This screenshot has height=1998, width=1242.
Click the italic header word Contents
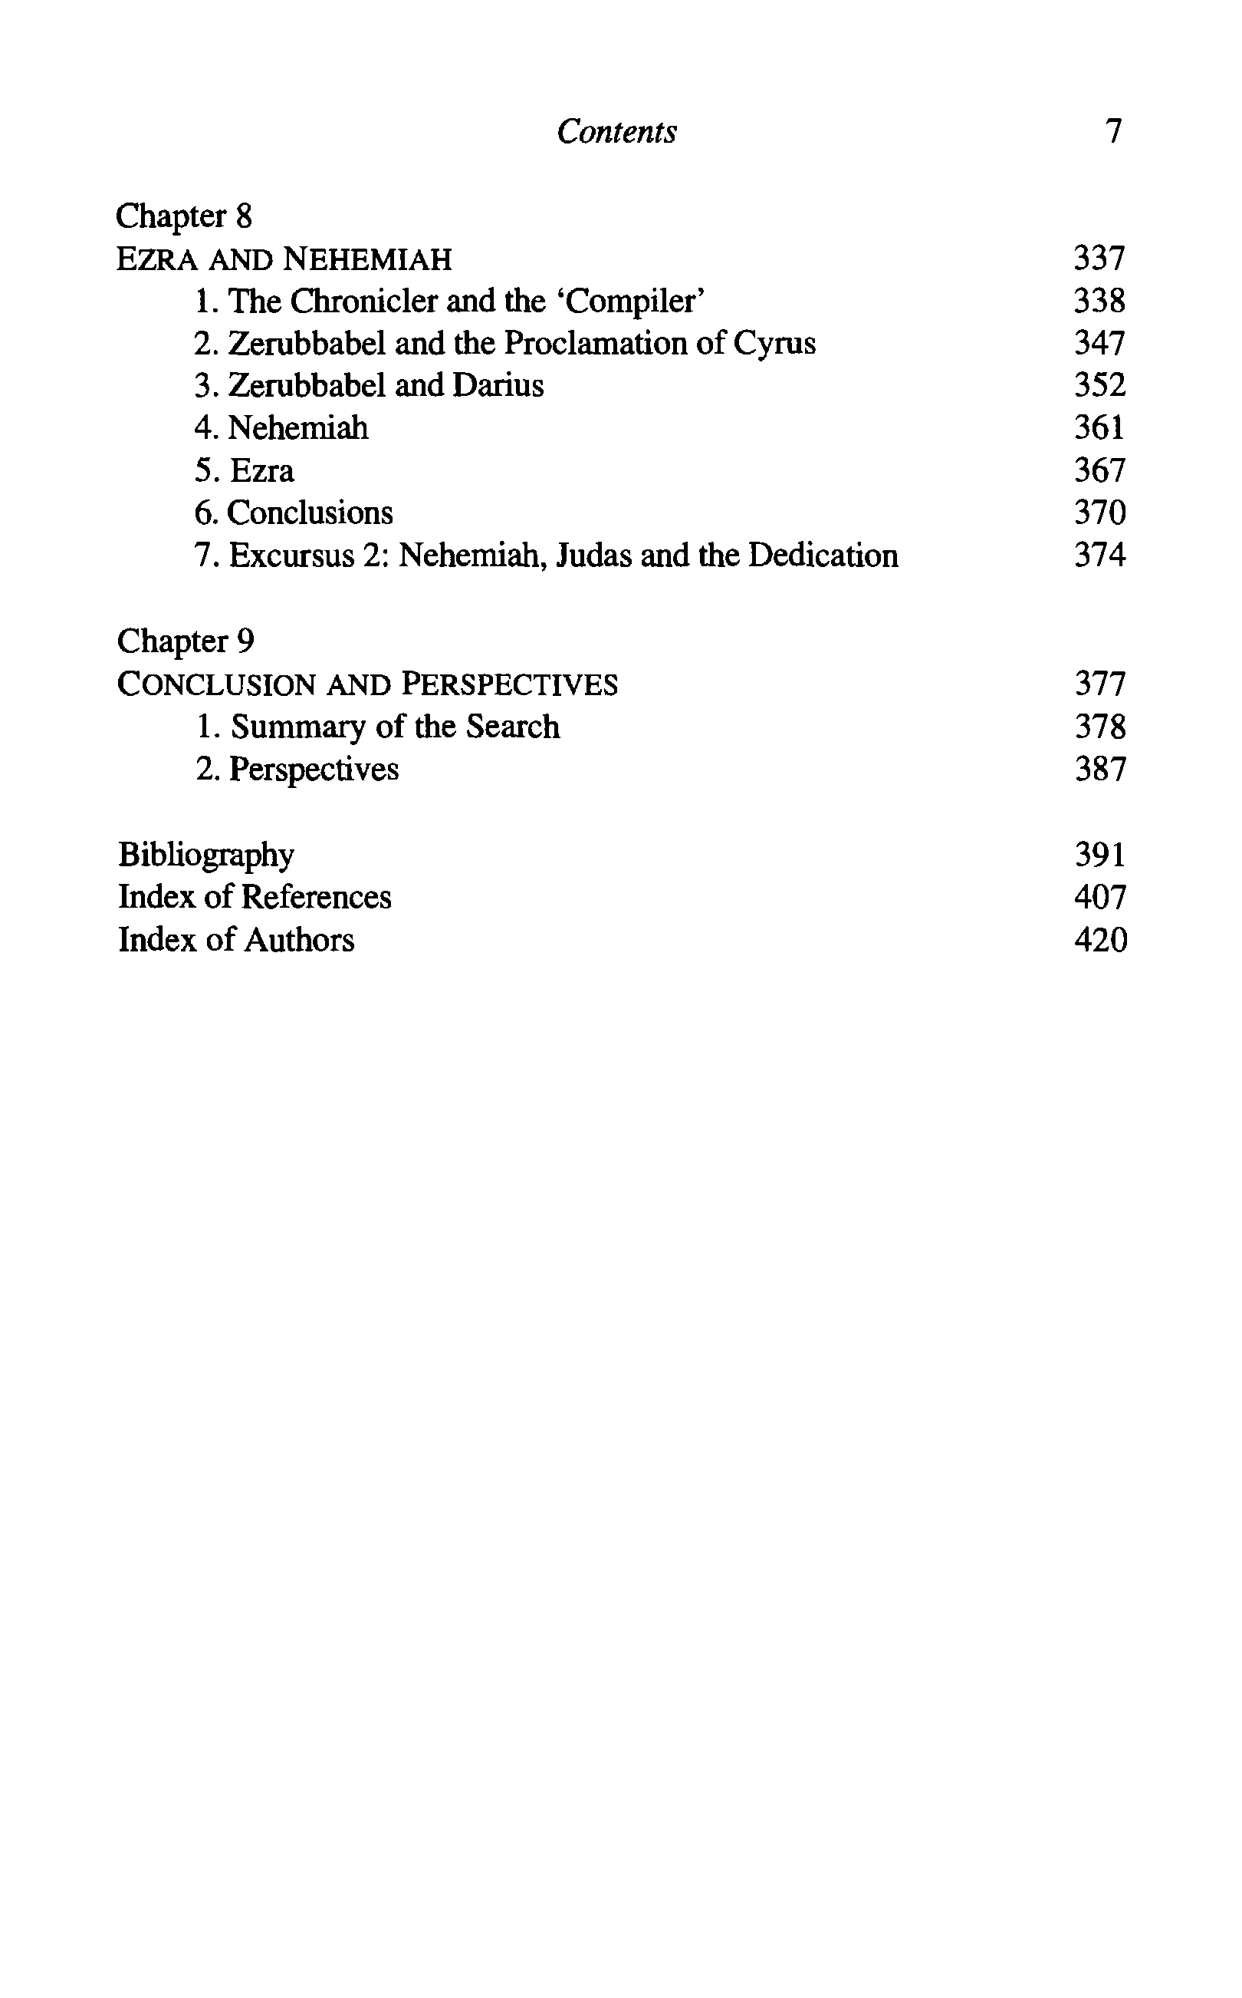coord(616,131)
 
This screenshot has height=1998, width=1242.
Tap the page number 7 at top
coord(1113,131)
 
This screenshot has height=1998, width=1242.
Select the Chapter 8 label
coord(184,216)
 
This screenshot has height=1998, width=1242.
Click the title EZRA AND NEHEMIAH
coord(284,259)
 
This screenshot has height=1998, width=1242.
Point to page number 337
coord(1099,259)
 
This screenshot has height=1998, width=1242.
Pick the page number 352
coord(1099,385)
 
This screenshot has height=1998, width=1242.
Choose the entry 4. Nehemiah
coord(282,428)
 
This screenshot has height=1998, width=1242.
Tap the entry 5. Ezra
coord(245,471)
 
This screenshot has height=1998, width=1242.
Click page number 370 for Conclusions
coord(1099,513)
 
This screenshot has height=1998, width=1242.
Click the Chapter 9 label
coord(186,641)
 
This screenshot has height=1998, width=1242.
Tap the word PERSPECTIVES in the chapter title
coord(509,684)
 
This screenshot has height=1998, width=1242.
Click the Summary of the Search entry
coord(379,727)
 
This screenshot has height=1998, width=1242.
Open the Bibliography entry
coord(206,855)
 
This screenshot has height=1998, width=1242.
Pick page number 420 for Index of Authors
coord(1100,940)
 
